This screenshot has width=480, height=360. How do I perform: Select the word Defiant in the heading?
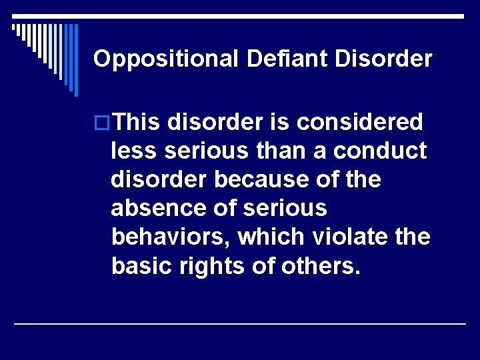pyautogui.click(x=288, y=59)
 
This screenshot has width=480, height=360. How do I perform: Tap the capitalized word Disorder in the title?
pyautogui.click(x=383, y=59)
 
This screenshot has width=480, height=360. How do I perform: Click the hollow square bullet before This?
pyautogui.click(x=102, y=123)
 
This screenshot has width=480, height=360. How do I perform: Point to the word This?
pyautogui.click(x=137, y=122)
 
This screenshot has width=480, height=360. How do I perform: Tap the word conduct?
pyautogui.click(x=380, y=151)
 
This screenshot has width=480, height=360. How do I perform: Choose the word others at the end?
pyautogui.click(x=319, y=265)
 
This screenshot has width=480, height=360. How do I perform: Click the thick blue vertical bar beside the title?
pyautogui.click(x=75, y=60)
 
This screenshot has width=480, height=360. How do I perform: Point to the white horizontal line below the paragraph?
pyautogui.click(x=240, y=323)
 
